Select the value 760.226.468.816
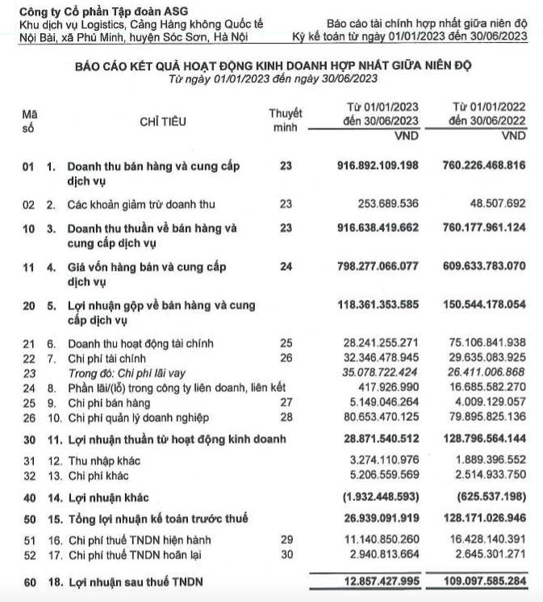(484, 166)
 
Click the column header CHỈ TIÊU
(163, 122)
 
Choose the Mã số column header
(29, 122)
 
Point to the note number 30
(285, 554)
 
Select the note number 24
(285, 266)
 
